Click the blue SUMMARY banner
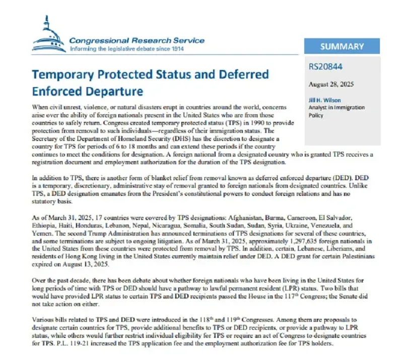[x=342, y=46]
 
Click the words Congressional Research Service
[x=137, y=40]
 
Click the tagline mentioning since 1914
[x=126, y=49]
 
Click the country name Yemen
[x=42, y=234]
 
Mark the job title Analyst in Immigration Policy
[x=338, y=111]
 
